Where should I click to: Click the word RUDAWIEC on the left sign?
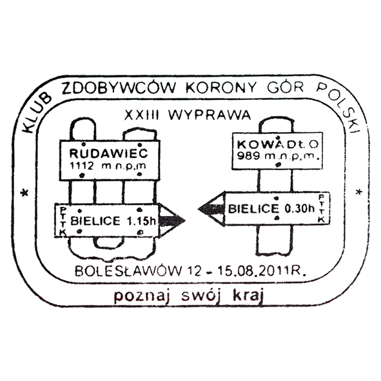tap(108, 153)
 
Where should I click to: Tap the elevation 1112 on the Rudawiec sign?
tap(82, 166)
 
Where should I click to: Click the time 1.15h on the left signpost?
tap(141, 221)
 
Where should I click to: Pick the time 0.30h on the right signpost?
tap(299, 208)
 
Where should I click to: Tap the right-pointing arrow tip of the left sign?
tap(185, 220)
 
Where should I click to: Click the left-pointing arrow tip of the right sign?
tap(199, 208)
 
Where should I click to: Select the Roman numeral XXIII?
tap(141, 115)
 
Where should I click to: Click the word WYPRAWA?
tap(210, 115)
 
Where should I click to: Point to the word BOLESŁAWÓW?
tap(128, 271)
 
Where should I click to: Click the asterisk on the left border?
tap(24, 193)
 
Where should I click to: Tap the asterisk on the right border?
tap(358, 192)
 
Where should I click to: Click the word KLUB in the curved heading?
tap(37, 113)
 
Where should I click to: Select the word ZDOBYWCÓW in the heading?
tap(119, 88)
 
